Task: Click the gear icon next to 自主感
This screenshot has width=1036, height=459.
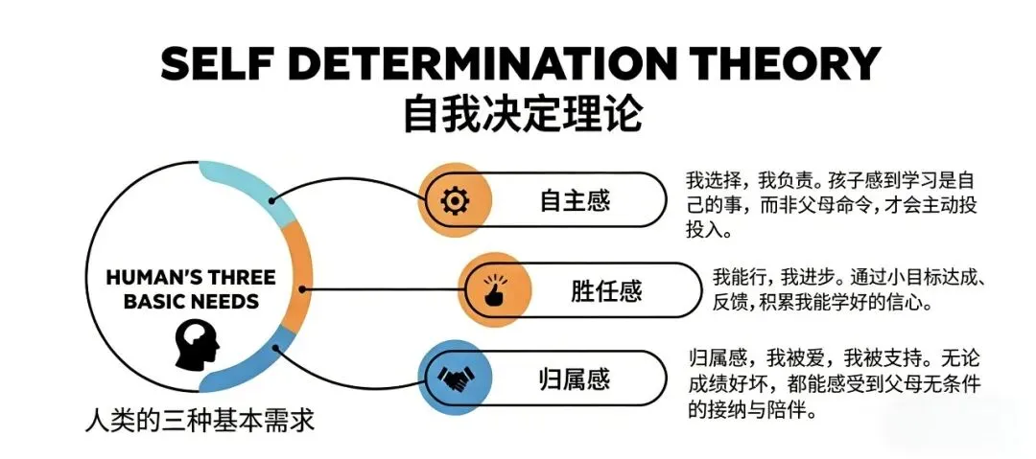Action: click(x=454, y=201)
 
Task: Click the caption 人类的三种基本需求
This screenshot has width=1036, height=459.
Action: click(x=199, y=423)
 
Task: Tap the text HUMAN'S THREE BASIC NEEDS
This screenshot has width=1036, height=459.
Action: click(x=190, y=289)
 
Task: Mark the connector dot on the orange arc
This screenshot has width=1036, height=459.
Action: click(x=304, y=287)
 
